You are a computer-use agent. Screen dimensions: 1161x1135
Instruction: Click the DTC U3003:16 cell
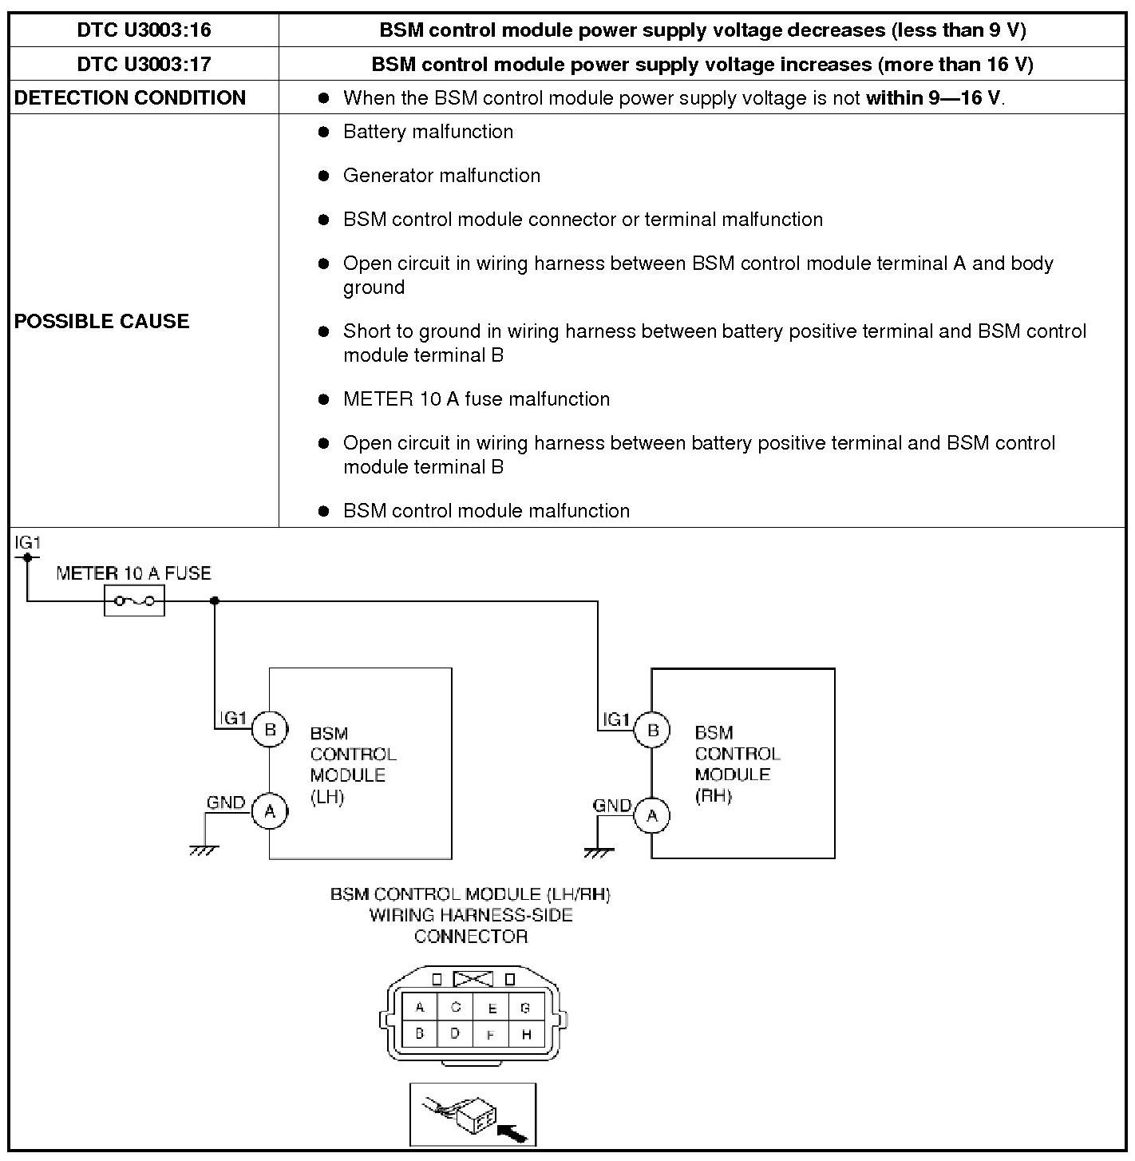coord(144,30)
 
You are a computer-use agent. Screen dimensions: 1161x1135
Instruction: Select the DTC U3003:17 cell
coord(144,64)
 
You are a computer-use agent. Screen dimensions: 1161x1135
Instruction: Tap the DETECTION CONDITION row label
coord(130,97)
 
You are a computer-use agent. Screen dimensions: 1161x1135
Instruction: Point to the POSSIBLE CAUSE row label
coord(102,321)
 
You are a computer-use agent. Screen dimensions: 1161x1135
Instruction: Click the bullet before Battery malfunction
coord(323,132)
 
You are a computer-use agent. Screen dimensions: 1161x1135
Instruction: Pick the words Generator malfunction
coord(441,176)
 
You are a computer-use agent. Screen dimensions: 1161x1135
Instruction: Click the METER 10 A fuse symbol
coord(134,600)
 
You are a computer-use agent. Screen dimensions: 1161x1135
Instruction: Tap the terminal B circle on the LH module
coord(270,729)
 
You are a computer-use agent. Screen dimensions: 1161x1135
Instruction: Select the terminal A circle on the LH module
coord(270,811)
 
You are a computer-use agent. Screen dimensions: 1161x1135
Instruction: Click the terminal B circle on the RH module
coord(653,729)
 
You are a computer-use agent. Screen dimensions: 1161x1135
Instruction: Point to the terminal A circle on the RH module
coord(653,815)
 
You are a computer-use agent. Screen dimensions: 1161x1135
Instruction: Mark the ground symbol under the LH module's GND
coord(204,850)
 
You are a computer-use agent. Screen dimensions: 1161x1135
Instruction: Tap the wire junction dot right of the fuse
coord(215,600)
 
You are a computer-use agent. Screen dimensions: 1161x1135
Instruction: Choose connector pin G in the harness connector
coord(525,1008)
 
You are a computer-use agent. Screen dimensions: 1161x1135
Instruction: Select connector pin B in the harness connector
coord(420,1033)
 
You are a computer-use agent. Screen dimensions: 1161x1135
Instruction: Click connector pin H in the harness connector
coord(526,1034)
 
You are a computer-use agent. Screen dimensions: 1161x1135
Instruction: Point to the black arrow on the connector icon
coord(512,1132)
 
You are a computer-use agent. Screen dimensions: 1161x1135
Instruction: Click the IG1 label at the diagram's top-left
coord(27,543)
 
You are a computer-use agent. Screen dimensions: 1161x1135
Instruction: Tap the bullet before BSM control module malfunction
coord(323,511)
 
